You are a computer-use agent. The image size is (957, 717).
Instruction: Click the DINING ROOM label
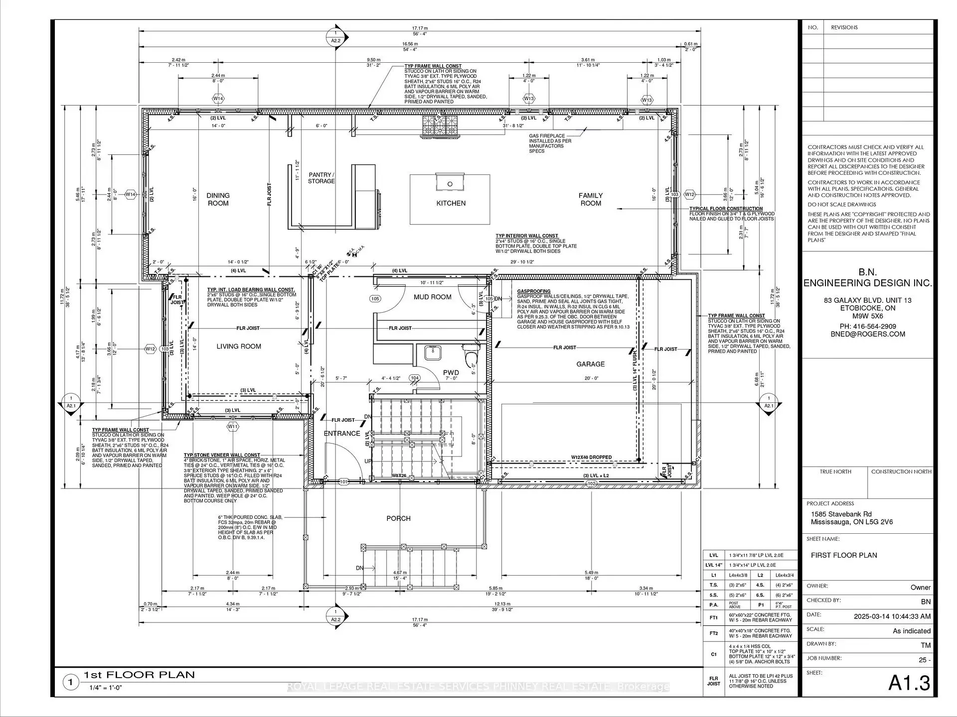218,199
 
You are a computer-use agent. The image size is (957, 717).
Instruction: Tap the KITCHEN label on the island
451,203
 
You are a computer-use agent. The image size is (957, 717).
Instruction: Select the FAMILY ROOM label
590,199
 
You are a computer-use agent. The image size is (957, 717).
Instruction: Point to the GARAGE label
590,364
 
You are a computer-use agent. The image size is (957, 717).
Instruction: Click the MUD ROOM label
432,297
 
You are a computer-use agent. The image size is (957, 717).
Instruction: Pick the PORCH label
398,518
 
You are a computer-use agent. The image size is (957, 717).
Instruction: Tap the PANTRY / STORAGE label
320,178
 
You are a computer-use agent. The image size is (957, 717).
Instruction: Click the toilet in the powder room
470,356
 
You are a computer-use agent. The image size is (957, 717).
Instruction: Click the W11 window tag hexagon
233,427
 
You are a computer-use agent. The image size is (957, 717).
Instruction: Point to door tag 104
414,378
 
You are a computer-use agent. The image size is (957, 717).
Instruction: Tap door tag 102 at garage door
591,483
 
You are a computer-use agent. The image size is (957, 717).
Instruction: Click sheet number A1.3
909,683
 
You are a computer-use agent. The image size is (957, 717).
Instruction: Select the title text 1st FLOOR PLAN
139,675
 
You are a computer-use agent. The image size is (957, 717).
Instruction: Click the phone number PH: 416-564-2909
867,326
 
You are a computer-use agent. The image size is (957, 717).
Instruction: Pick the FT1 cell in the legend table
713,617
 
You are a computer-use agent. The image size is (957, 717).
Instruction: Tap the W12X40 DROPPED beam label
591,457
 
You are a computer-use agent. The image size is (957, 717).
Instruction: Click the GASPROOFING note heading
533,291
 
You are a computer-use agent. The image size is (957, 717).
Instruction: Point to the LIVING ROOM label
239,347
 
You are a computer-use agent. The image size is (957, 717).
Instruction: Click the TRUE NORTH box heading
835,472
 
